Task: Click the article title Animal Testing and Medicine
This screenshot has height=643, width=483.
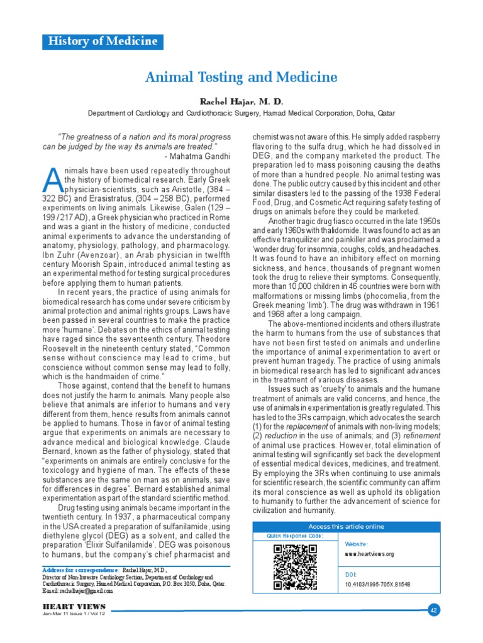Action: click(241, 77)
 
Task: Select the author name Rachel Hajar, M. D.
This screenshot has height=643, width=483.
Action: click(241, 101)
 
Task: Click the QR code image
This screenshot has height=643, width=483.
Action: click(295, 565)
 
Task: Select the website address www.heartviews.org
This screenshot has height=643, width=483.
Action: click(369, 554)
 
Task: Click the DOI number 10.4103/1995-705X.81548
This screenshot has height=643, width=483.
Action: click(377, 584)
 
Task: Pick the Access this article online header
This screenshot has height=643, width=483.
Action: click(346, 526)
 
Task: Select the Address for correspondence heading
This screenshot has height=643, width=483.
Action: click(80, 568)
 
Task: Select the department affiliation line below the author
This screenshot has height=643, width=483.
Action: click(241, 114)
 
